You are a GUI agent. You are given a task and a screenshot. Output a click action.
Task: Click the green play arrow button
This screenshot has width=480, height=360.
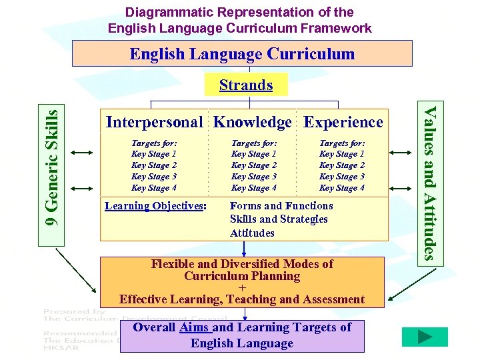424,337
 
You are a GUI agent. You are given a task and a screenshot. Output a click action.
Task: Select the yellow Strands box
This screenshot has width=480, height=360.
246,85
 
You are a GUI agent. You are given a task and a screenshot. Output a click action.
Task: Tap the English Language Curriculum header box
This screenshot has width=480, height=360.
242,53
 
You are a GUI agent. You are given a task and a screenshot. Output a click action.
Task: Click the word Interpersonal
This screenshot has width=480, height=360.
154,122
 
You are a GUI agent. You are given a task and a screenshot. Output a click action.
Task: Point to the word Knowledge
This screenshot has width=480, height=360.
253,122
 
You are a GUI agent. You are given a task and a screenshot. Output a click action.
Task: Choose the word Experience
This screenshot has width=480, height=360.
343,122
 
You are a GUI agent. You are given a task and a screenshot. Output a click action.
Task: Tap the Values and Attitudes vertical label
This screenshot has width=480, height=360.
431,183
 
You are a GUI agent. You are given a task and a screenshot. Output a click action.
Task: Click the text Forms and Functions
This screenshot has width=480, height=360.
281,205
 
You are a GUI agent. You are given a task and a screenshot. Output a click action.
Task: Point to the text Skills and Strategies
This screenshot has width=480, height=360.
279,219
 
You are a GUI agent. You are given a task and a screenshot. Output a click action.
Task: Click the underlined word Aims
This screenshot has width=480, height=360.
195,327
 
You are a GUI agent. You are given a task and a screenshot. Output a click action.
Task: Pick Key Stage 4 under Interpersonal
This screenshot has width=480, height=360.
154,188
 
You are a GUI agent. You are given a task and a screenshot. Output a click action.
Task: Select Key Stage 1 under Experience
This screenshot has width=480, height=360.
342,154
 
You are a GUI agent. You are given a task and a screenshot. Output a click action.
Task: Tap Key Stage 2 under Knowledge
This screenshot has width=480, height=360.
254,165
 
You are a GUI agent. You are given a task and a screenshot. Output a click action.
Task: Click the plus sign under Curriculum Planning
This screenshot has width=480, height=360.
242,288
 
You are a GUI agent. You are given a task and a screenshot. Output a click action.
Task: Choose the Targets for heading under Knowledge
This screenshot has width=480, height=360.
254,143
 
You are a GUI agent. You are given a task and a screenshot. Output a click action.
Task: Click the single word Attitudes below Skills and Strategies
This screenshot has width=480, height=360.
252,233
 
